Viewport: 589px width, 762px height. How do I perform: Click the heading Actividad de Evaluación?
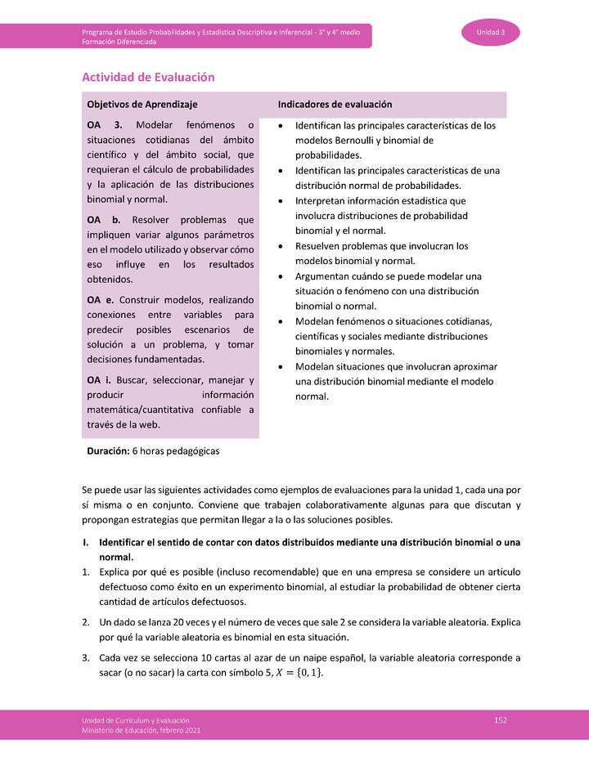(x=148, y=77)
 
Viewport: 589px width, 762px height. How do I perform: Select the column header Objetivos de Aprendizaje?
(x=142, y=105)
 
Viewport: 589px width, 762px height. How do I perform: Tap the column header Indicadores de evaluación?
(x=335, y=105)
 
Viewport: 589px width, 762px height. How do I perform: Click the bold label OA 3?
(x=104, y=125)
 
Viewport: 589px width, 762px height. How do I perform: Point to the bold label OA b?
(x=104, y=220)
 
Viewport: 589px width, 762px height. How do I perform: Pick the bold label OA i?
(x=101, y=380)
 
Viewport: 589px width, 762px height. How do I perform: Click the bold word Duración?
(x=108, y=450)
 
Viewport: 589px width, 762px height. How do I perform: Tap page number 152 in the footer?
(x=501, y=719)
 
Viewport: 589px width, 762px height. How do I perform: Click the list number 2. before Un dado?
(x=86, y=622)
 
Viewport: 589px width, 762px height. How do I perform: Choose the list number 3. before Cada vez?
(x=86, y=657)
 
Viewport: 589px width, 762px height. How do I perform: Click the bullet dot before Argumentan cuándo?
(x=281, y=276)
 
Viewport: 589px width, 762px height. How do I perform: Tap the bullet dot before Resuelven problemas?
(x=281, y=246)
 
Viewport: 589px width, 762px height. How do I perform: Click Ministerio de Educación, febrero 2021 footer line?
(x=141, y=729)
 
